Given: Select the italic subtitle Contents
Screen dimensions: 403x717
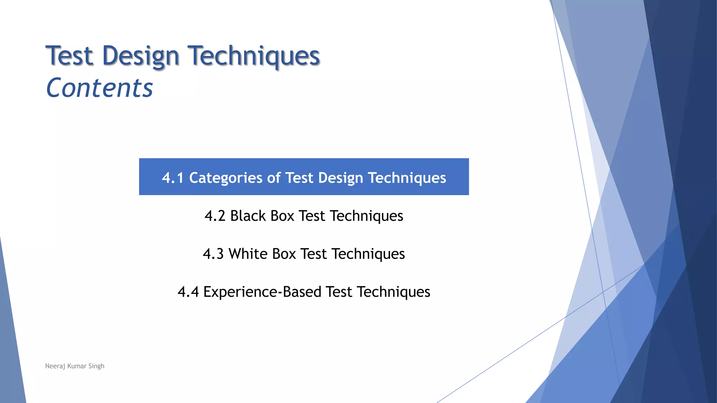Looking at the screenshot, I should point(99,88).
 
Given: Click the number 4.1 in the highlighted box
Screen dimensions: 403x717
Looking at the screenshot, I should point(173,178).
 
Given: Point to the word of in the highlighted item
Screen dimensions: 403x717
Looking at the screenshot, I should point(274,178).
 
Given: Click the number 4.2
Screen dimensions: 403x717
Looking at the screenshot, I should point(215,216).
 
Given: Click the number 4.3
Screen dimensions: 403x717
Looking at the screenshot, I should point(213,254).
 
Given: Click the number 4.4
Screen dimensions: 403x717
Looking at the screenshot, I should point(188,292).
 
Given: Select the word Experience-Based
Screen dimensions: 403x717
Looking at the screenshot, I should point(262,292).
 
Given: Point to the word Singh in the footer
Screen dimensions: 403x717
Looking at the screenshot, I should point(96,366).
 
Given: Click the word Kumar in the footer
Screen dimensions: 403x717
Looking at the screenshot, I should point(77,366).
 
